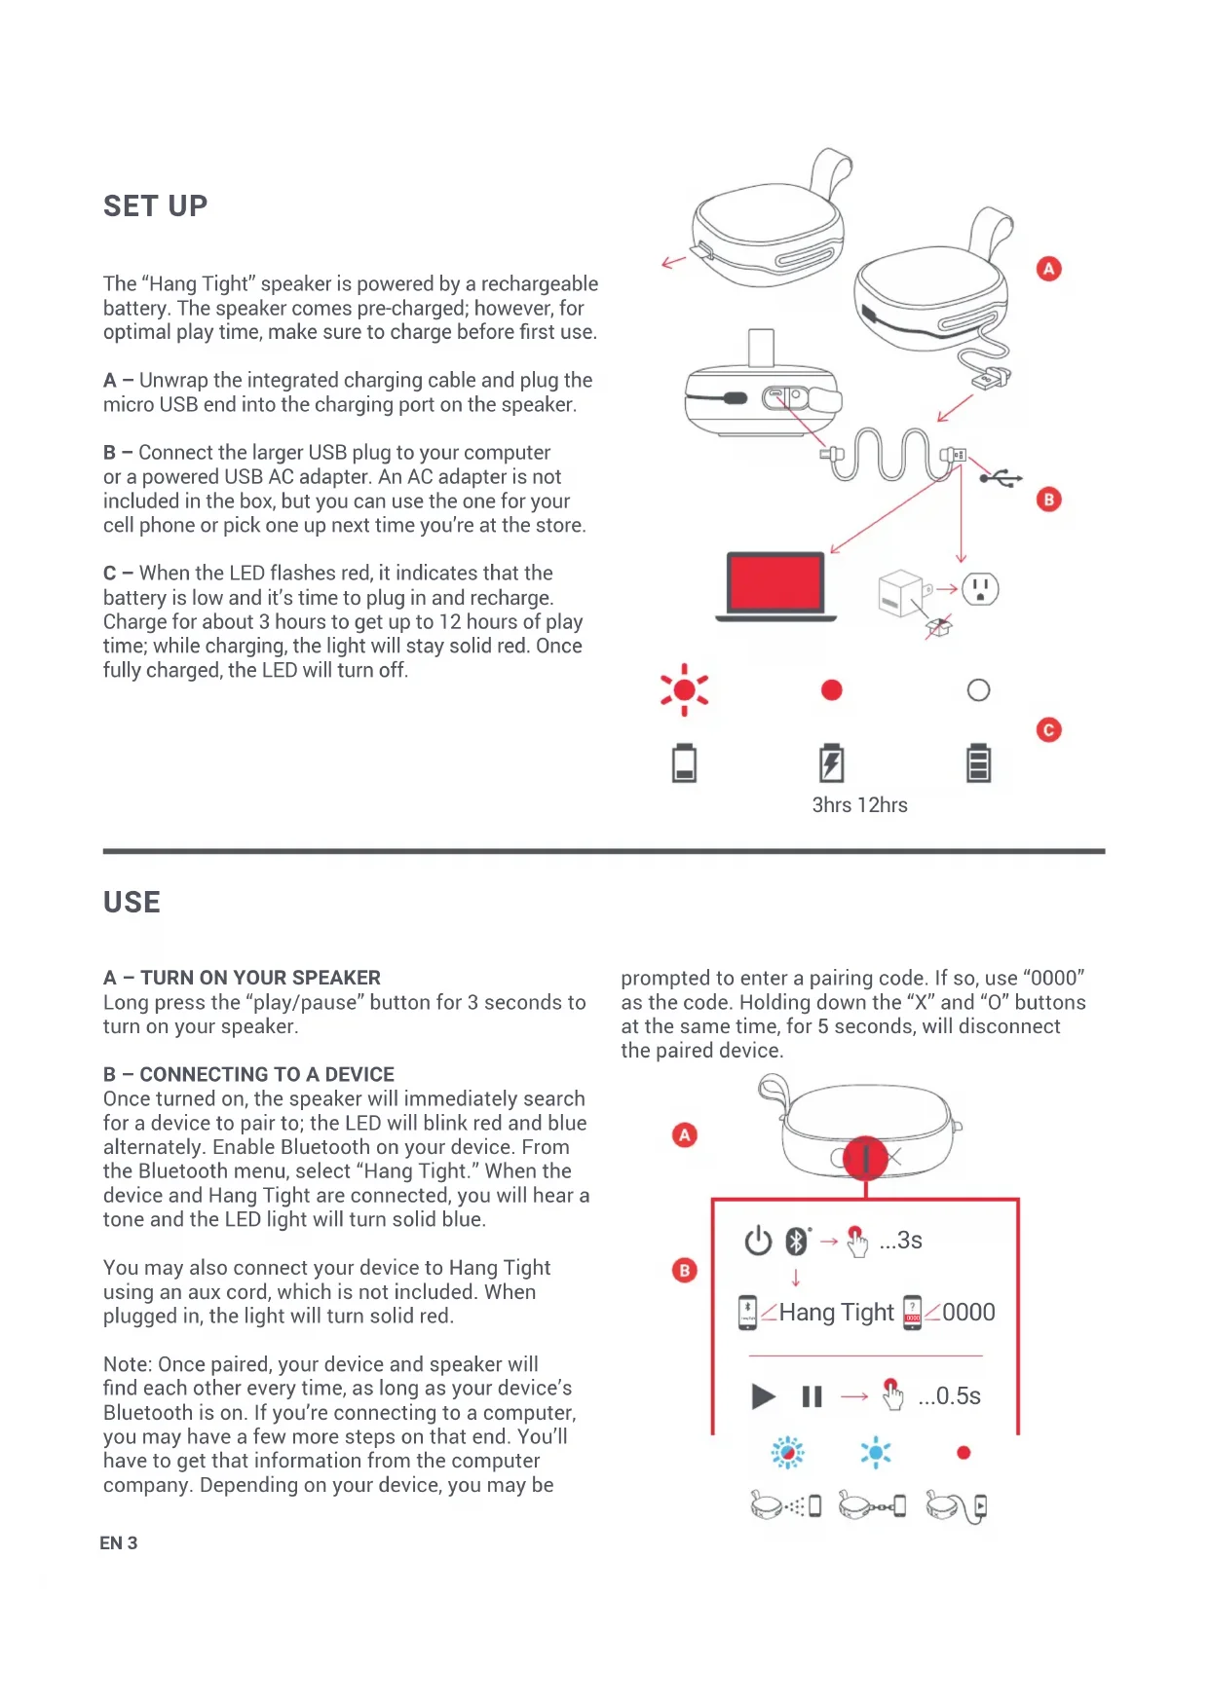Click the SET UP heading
click(156, 206)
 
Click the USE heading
click(132, 903)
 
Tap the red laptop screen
click(775, 582)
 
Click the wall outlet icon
click(980, 589)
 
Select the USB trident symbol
click(1001, 478)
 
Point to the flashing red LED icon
click(684, 690)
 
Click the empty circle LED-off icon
click(978, 690)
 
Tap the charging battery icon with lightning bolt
click(831, 763)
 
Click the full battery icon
click(978, 763)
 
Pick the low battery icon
click(684, 763)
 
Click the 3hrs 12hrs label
click(859, 805)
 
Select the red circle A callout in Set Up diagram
click(1048, 269)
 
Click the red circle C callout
click(1048, 730)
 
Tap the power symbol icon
click(758, 1241)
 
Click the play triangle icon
click(764, 1396)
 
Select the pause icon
click(812, 1396)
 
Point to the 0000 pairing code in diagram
click(968, 1313)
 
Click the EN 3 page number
click(119, 1543)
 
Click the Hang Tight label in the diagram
click(836, 1313)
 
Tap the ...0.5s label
click(949, 1396)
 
